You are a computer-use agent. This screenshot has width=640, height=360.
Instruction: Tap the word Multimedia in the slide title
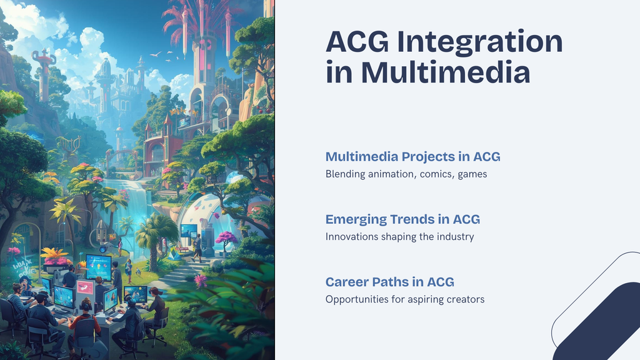click(446, 72)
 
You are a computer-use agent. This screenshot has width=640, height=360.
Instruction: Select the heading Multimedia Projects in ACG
click(412, 156)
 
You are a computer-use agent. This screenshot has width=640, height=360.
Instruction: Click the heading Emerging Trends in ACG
click(402, 219)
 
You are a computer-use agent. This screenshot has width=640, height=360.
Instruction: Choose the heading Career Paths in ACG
click(389, 282)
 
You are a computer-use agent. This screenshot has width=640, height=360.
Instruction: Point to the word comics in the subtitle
click(436, 174)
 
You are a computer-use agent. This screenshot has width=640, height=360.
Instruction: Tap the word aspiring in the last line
click(424, 299)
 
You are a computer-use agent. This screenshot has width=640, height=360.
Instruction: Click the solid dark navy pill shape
click(600, 325)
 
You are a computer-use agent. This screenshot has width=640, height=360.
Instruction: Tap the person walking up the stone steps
click(197, 247)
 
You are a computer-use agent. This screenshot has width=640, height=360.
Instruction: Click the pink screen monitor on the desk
click(85, 288)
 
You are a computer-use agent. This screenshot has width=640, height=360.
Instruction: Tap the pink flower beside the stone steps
click(201, 281)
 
